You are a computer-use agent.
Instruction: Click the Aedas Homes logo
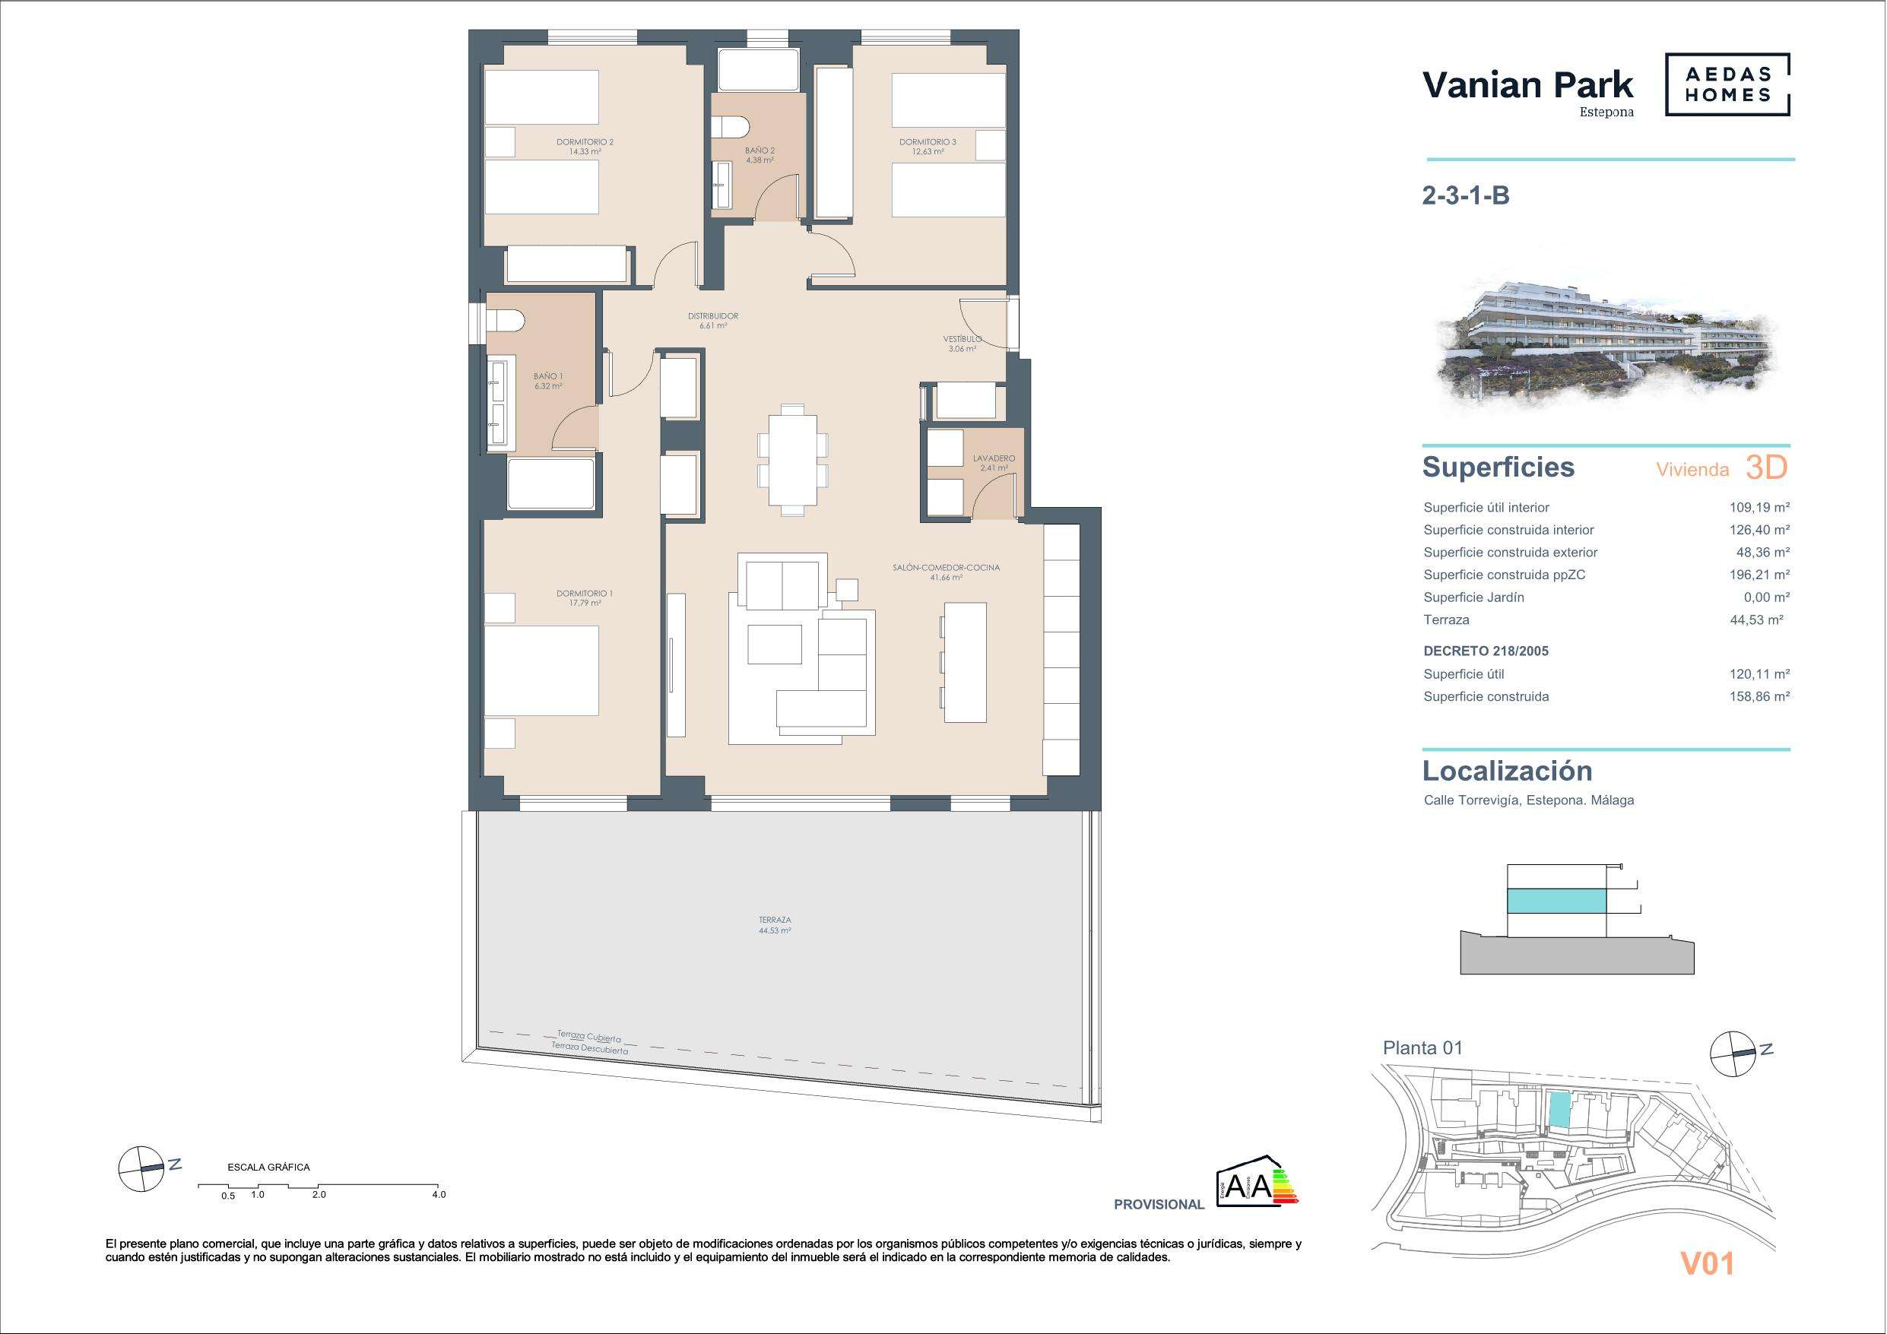click(x=1727, y=84)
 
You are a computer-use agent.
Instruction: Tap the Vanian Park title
click(x=1528, y=85)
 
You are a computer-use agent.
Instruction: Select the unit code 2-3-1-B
click(x=1465, y=195)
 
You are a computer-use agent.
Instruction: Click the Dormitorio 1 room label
click(x=585, y=597)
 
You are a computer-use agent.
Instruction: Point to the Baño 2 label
click(x=760, y=155)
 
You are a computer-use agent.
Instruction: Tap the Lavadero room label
click(x=994, y=463)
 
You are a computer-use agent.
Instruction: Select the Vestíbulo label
click(x=962, y=344)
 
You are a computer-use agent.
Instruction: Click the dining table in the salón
click(x=792, y=459)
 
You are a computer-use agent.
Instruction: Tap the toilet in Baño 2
click(x=729, y=128)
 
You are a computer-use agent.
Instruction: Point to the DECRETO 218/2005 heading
click(x=1486, y=651)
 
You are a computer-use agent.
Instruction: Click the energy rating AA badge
click(x=1257, y=1182)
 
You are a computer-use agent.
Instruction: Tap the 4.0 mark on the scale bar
click(x=439, y=1194)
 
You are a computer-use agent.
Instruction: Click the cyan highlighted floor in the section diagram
click(x=1556, y=900)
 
